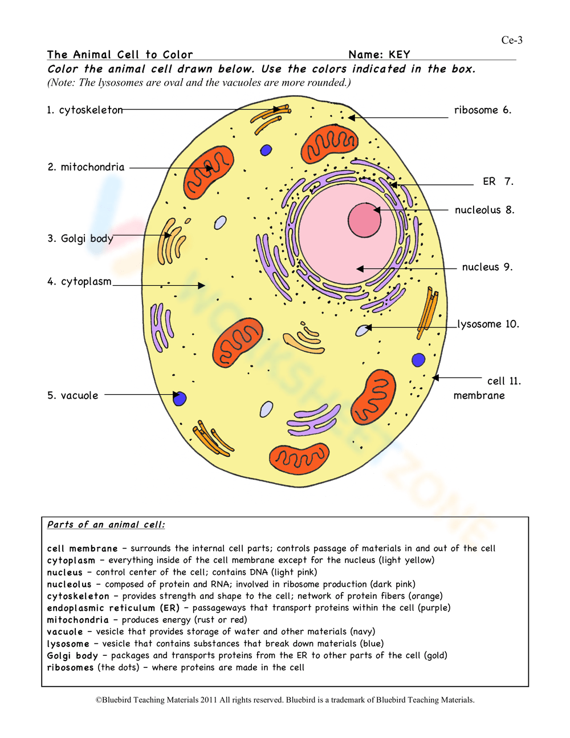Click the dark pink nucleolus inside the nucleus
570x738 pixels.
[364, 220]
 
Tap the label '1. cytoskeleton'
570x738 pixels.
[85, 110]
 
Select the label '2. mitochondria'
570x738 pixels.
[86, 167]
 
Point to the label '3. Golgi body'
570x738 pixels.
[80, 238]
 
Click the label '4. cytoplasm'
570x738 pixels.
[80, 281]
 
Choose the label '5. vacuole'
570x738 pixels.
[72, 395]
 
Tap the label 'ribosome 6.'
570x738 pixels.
[483, 110]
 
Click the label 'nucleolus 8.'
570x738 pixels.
[484, 210]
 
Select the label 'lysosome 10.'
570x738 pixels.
[488, 324]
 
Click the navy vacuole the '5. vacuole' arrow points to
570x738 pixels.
[180, 398]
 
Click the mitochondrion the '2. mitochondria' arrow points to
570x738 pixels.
[209, 172]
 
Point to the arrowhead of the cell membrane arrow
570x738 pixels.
[435, 378]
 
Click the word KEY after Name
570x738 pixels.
[399, 55]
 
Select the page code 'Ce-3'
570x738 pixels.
[512, 40]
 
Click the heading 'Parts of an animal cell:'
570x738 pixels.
[106, 525]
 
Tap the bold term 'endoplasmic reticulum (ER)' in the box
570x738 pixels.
[113, 608]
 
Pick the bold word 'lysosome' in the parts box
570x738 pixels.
[68, 643]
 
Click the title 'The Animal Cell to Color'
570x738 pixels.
[120, 55]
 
